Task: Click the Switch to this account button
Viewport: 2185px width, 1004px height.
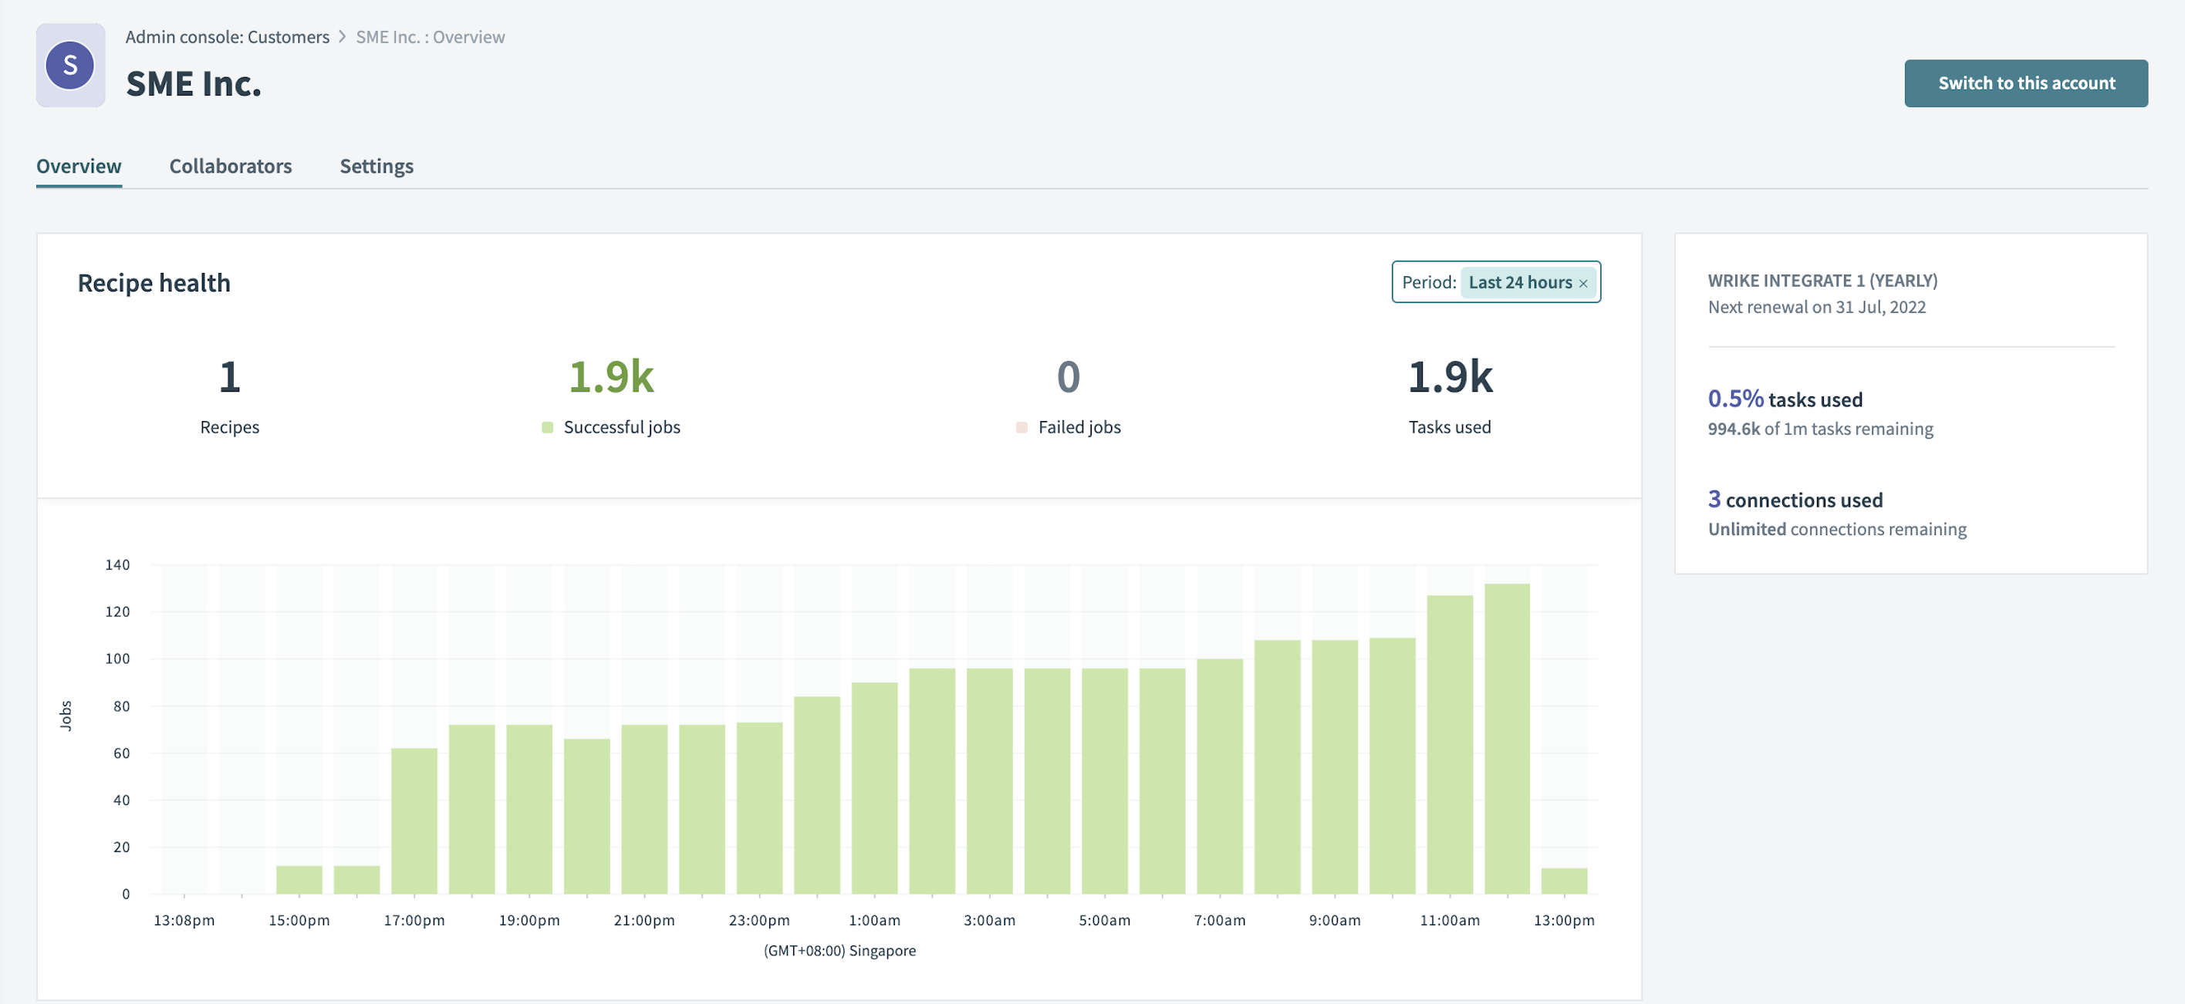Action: coord(2025,83)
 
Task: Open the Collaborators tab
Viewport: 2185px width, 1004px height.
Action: coord(230,167)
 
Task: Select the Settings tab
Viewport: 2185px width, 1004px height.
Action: coord(377,167)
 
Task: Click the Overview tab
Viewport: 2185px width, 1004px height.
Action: coord(79,167)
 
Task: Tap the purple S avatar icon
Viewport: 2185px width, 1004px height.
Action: coord(69,66)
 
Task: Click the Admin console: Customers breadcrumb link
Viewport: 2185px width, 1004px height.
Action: coord(228,37)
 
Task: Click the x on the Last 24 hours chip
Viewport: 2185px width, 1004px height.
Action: coord(1582,283)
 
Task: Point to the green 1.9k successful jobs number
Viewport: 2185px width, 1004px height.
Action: coord(611,377)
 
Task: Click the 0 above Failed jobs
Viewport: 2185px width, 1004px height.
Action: coord(1068,377)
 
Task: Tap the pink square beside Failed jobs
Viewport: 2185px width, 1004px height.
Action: coord(1022,427)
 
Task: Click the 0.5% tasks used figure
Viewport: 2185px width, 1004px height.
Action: coord(1734,399)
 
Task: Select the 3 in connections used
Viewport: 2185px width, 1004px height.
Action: coord(1714,500)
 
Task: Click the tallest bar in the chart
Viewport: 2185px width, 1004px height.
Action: coord(1506,738)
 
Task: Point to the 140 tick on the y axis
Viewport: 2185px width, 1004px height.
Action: coord(117,564)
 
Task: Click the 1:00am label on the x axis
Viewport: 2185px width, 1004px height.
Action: coord(873,920)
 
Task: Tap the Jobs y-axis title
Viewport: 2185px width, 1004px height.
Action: coord(66,716)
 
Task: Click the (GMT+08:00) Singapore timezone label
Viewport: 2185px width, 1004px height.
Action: coord(839,951)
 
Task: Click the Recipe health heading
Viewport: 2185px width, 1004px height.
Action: coord(154,283)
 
